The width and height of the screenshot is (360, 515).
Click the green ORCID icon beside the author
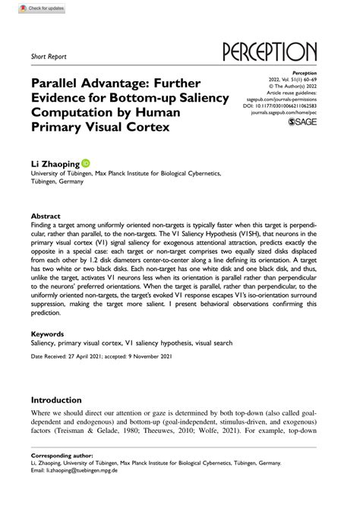(x=85, y=163)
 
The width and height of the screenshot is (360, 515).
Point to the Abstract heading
(x=45, y=216)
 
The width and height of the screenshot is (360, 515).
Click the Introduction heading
(x=66, y=400)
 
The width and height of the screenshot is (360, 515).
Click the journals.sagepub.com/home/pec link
(x=286, y=111)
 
